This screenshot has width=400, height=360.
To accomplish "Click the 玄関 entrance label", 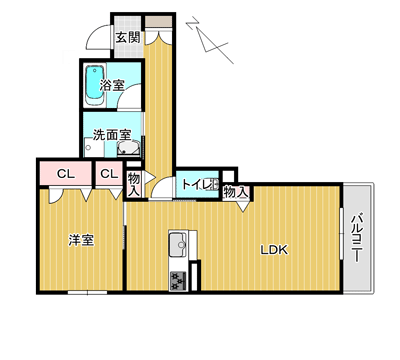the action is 127,37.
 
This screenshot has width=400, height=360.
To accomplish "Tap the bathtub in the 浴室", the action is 95,86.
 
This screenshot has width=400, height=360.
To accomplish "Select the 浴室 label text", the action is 112,85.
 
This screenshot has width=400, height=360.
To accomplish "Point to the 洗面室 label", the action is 112,135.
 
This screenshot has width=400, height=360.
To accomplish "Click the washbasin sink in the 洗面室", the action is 128,149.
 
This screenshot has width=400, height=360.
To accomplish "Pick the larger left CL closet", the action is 66,174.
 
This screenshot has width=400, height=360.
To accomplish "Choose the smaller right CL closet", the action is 109,174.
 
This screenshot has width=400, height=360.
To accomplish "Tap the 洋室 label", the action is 81,240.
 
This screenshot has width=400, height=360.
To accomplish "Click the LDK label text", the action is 274,250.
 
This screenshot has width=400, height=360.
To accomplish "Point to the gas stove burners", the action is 178,281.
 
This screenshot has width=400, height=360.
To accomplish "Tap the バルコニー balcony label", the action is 356,237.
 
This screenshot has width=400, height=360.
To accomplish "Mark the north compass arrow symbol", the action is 210,40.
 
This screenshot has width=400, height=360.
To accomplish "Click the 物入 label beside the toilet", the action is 236,192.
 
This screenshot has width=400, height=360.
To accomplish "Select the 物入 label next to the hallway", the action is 134,184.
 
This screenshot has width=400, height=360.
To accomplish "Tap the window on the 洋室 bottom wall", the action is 87,293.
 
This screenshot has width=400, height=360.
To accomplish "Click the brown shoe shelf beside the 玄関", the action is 159,21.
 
